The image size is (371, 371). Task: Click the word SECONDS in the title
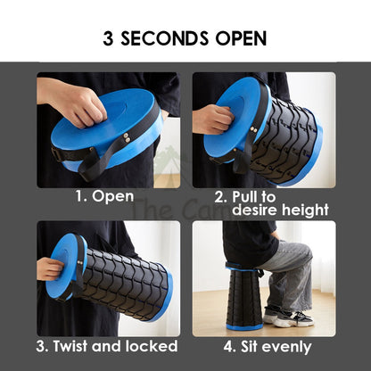(x=164, y=38)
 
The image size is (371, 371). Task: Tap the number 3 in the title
(x=108, y=38)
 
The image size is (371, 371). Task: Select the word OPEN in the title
(x=241, y=38)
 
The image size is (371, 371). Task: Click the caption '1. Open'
(x=104, y=197)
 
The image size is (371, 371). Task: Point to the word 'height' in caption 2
(x=305, y=210)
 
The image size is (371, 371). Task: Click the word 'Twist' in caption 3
(x=70, y=346)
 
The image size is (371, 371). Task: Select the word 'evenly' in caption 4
(x=286, y=347)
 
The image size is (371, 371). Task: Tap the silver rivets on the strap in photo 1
(x=127, y=138)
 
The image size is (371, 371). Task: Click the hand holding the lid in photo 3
(x=49, y=269)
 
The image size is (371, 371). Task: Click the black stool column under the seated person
(x=244, y=297)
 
